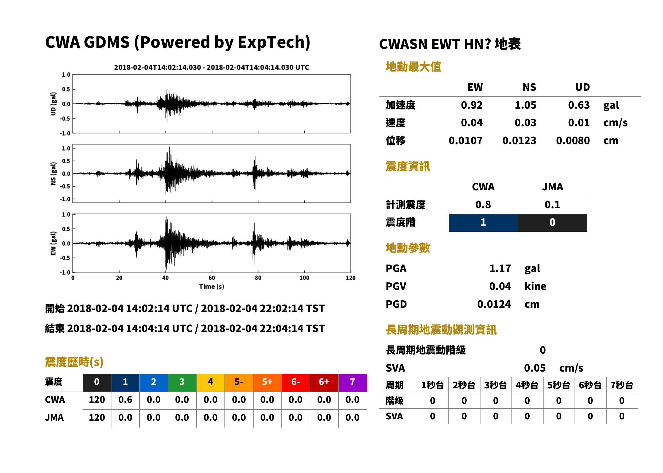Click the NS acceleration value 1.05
point(525,105)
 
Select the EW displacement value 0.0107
point(465,141)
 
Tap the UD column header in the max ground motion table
point(582,87)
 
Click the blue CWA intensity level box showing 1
point(483,223)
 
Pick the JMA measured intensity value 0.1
point(552,204)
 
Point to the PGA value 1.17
point(500,268)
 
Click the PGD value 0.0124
point(494,304)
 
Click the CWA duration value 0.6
point(125,400)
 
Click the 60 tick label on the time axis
point(212,278)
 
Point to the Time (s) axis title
point(212,287)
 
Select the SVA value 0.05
point(535,368)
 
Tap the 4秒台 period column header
point(527,385)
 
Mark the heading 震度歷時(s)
point(74,362)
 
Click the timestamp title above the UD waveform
point(212,67)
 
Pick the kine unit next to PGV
point(535,286)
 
